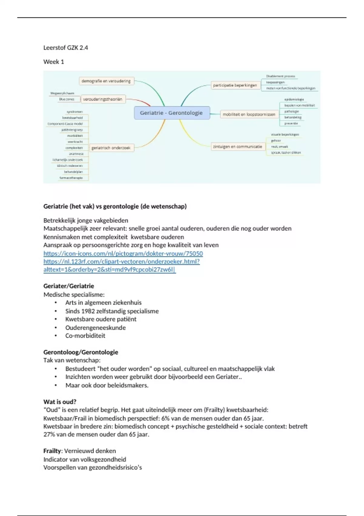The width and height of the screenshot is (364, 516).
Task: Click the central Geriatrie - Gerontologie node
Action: pos(171,113)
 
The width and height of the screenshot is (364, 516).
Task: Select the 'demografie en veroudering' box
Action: pos(106,81)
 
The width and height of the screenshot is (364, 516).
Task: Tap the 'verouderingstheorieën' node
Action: pos(103,99)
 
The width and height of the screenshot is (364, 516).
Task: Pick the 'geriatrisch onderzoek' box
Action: pos(111,148)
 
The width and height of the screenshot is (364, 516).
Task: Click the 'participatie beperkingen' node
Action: pos(235,85)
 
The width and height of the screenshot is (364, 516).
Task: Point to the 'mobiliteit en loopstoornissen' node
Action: pos(249,114)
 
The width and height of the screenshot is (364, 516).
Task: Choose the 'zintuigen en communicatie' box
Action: pos(237,147)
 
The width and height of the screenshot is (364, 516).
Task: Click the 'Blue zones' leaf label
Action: pos(67,99)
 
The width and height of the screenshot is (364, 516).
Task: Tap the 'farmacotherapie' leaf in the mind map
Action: pos(71,178)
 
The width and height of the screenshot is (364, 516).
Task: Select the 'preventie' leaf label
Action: pos(291,124)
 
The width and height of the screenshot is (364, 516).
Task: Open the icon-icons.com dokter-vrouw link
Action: pos(123,253)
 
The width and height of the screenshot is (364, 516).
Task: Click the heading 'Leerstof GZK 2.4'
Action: pos(66,48)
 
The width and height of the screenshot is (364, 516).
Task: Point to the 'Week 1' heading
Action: pos(54,62)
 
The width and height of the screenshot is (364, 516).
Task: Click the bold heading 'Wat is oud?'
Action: pos(60,402)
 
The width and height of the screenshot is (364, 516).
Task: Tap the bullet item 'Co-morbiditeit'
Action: pos(85,336)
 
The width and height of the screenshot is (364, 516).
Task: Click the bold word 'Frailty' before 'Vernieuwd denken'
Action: pos(52,451)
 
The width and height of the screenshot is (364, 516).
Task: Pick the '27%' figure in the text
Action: pos(49,434)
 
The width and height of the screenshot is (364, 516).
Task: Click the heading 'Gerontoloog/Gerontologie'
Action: pos(81,352)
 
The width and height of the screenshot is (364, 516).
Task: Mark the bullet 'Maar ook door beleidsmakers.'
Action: pos(107,385)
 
